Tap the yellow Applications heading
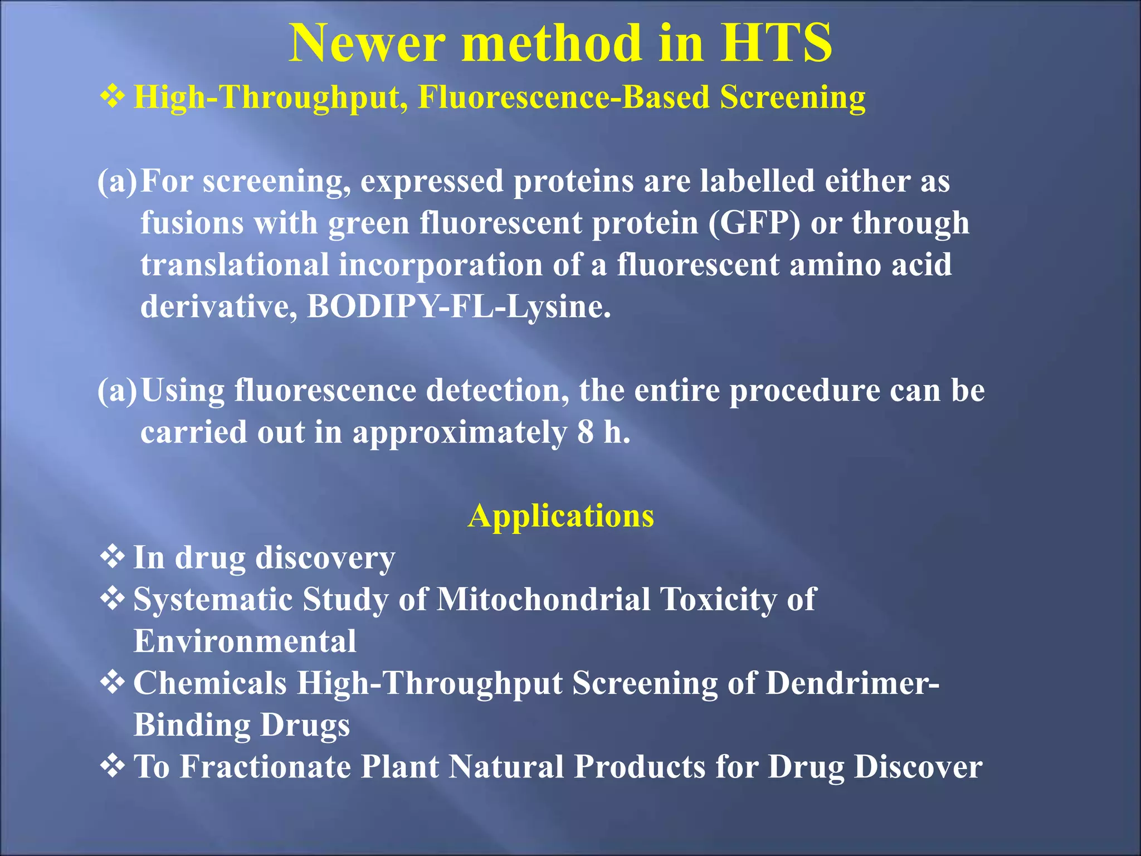561,515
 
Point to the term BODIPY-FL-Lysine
459,307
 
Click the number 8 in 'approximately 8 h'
585,432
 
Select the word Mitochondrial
543,600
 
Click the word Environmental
245,641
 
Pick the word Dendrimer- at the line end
852,683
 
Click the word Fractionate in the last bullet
265,766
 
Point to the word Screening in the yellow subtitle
792,98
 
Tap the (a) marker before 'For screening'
116,181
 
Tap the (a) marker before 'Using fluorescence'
116,390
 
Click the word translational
235,265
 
